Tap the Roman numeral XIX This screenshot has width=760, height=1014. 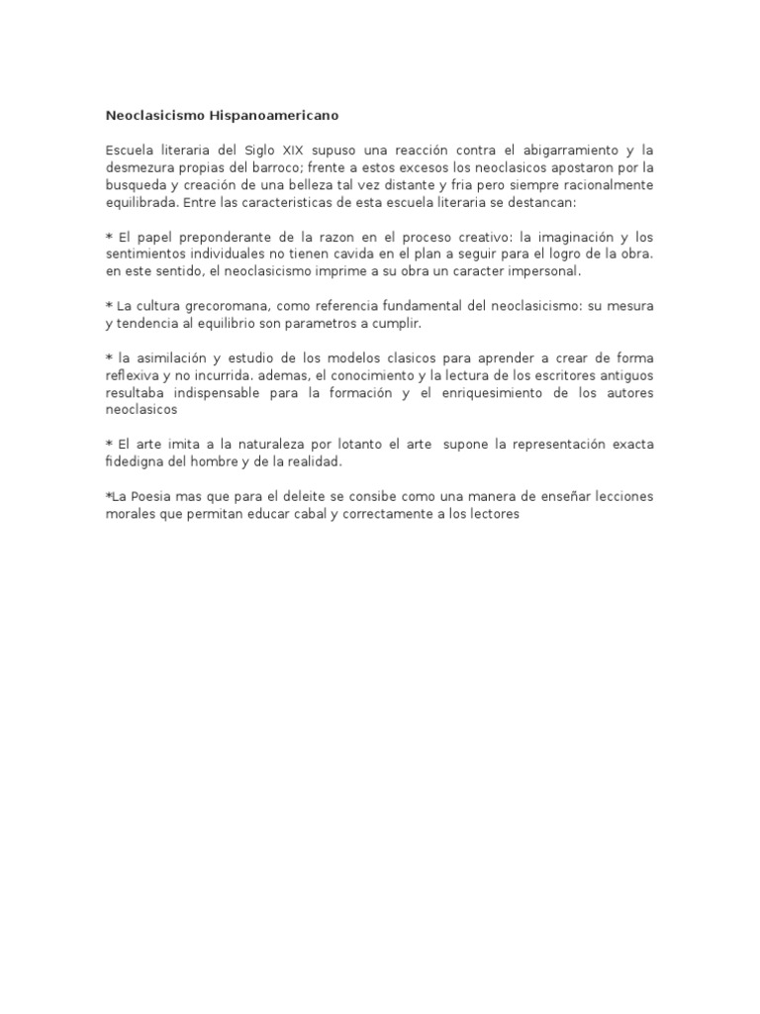tap(292, 151)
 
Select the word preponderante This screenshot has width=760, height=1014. tap(220, 237)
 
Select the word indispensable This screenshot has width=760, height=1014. tap(231, 392)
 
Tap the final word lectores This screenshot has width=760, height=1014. tap(492, 515)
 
